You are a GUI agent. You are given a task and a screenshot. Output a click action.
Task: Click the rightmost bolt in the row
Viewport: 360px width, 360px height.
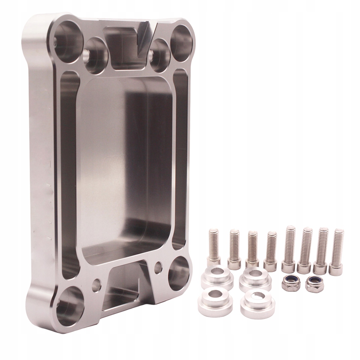pos(337,252)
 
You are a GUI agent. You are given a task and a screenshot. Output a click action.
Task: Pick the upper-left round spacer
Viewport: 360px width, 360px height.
pos(217,277)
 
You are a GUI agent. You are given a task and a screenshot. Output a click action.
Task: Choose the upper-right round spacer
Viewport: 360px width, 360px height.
pos(255,279)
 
